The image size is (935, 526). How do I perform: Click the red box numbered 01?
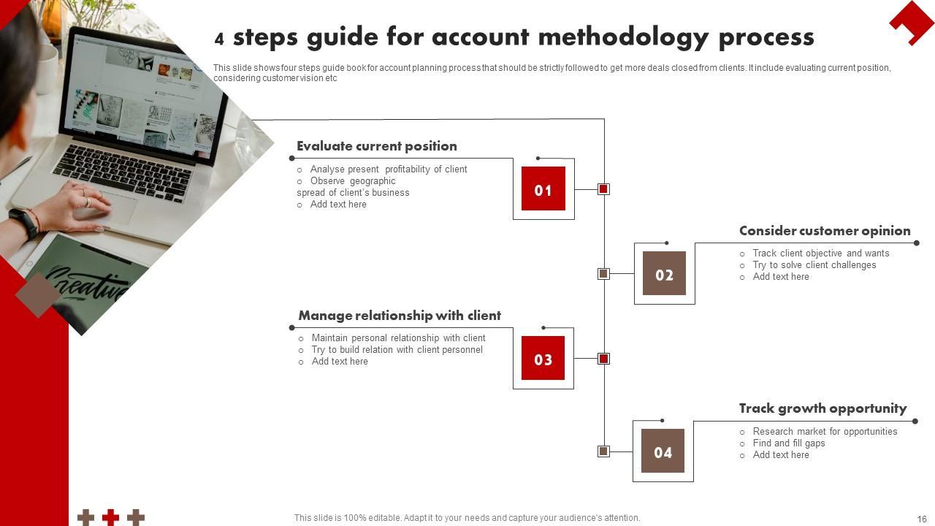543,188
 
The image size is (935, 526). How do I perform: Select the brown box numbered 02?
664,273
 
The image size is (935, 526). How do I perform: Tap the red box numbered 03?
543,358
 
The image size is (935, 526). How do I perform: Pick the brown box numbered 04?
663,451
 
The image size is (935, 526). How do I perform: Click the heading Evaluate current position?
377,146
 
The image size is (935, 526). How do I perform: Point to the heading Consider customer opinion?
825,231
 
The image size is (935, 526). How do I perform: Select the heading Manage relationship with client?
400,316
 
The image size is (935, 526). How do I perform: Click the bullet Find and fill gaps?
789,443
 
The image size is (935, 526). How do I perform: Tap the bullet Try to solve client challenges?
814,265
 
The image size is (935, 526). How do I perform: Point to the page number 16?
922,519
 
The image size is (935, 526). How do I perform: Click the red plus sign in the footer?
110,517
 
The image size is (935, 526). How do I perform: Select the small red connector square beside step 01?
603,189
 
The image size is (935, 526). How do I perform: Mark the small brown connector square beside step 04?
603,451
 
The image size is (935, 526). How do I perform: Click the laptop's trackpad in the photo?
110,207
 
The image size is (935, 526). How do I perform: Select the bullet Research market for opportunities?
825,432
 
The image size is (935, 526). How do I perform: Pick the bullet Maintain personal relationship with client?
398,338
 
